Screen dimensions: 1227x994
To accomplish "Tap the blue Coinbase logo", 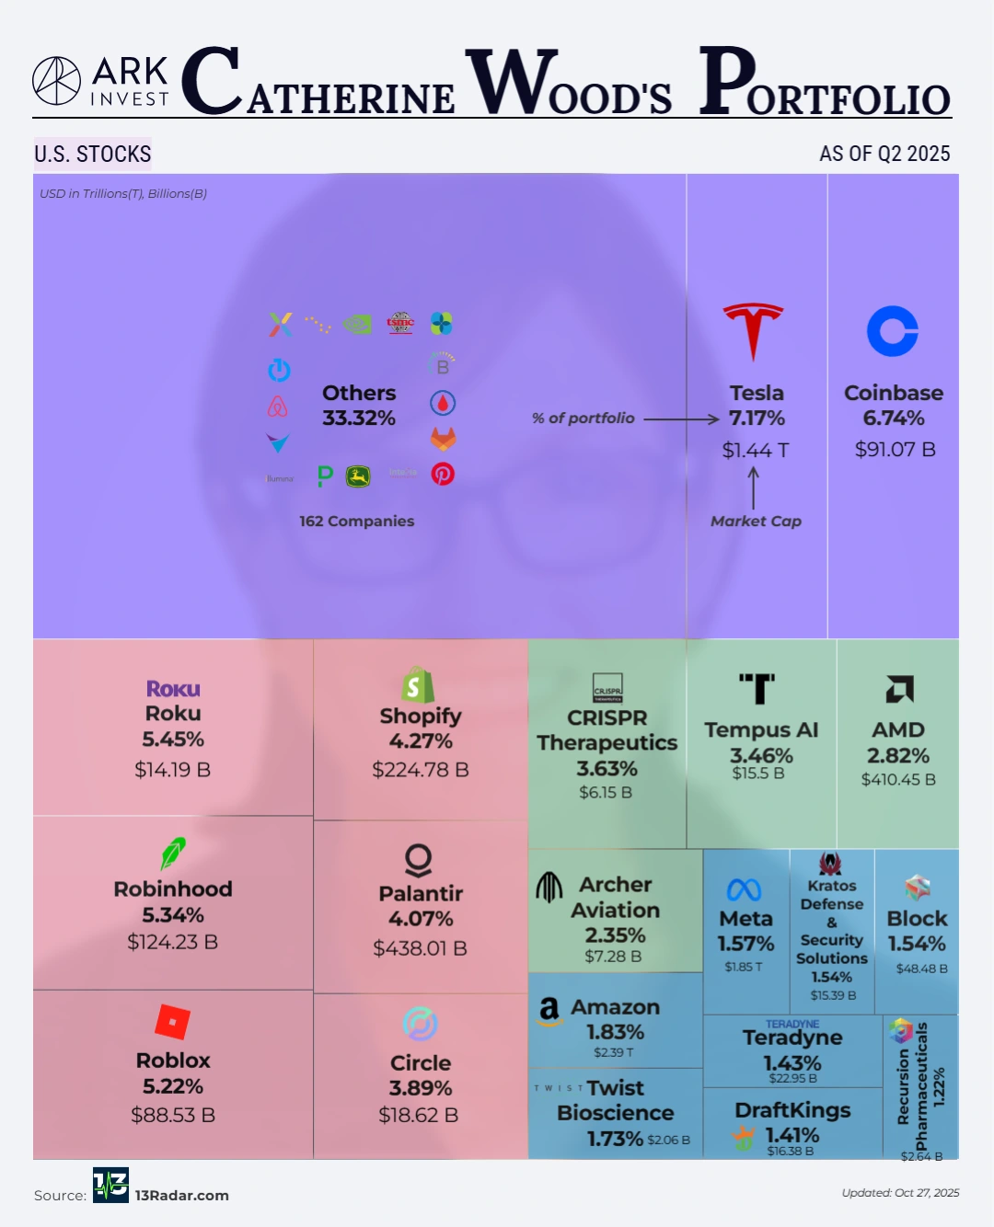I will [x=893, y=331].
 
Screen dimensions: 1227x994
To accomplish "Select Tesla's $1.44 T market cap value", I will [x=756, y=450].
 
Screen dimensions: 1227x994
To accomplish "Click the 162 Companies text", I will [x=356, y=521].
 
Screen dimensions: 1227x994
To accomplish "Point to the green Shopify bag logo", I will [x=418, y=685].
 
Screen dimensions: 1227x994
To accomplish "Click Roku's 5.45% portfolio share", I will [x=173, y=740].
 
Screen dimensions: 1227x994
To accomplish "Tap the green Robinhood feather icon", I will [x=173, y=854].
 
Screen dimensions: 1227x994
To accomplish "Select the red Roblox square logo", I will [x=173, y=1022].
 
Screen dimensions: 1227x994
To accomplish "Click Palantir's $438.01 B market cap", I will [x=420, y=948].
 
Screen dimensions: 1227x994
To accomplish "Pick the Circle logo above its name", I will [x=420, y=1024].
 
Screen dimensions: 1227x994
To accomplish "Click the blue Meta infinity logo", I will [x=744, y=889].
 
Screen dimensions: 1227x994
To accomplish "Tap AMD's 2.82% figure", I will [x=898, y=756].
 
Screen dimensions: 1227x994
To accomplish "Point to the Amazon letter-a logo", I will [x=549, y=1011].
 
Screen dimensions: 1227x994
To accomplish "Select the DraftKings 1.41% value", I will [x=792, y=1135].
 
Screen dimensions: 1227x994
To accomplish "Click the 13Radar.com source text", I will [x=182, y=1196].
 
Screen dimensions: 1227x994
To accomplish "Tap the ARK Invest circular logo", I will [x=57, y=81].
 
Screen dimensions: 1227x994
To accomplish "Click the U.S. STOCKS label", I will [x=93, y=154].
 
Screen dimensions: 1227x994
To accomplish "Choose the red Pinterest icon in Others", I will [x=443, y=474].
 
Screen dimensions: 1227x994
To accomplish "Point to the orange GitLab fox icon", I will [x=443, y=439].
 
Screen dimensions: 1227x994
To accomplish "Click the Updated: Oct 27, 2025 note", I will [x=900, y=1193].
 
